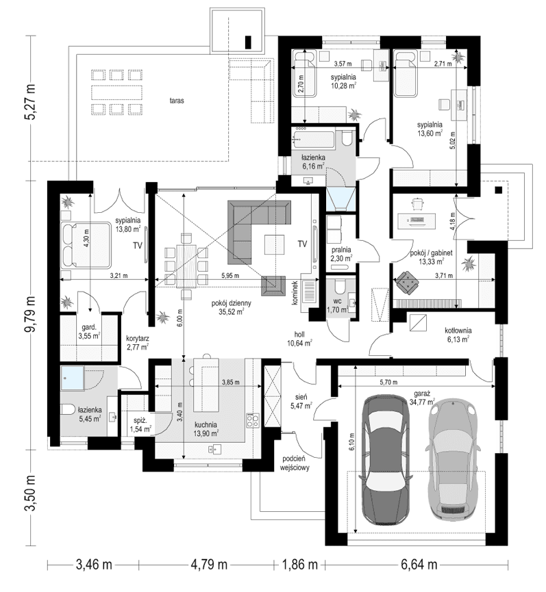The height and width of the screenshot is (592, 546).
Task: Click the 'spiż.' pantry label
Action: [x=140, y=420]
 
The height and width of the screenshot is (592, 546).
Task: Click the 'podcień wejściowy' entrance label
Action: [x=295, y=463]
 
